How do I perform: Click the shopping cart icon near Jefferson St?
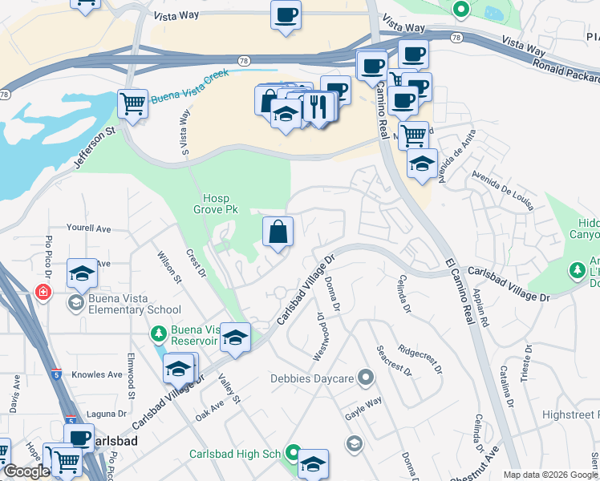click(132, 103)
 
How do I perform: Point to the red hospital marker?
click(43, 293)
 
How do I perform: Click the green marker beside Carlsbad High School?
click(292, 454)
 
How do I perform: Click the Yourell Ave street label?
click(88, 228)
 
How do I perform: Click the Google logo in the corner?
click(26, 472)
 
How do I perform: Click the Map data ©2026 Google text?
click(549, 475)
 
